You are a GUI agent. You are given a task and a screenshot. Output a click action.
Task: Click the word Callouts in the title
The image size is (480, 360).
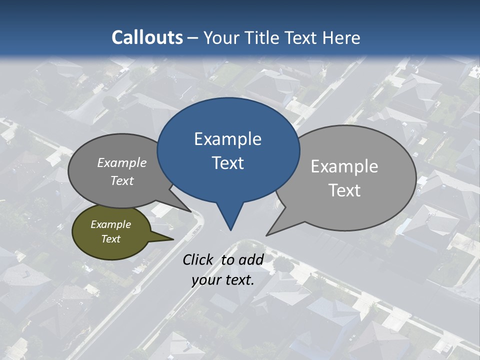(x=147, y=37)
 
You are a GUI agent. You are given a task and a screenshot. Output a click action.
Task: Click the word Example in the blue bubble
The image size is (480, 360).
(x=227, y=139)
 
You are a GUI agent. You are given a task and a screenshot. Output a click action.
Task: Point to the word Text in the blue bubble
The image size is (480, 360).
(x=228, y=163)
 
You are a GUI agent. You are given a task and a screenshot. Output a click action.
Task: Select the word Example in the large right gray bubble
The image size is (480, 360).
(x=344, y=166)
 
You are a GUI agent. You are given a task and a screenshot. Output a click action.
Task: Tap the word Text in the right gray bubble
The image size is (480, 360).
(x=345, y=190)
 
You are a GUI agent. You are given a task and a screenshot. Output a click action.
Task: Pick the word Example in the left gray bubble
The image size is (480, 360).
(x=122, y=163)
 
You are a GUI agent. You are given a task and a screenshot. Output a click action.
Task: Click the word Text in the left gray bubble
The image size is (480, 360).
(x=122, y=180)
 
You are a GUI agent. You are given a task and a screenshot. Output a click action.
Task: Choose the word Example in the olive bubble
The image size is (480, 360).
(x=110, y=224)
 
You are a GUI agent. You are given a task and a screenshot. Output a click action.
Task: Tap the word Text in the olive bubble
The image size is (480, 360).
(x=110, y=239)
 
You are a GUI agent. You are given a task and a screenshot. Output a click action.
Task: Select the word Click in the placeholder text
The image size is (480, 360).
(x=199, y=259)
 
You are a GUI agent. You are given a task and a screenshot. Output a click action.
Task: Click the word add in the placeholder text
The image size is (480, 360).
(x=250, y=259)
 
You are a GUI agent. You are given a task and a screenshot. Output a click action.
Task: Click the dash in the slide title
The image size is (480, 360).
(x=193, y=38)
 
